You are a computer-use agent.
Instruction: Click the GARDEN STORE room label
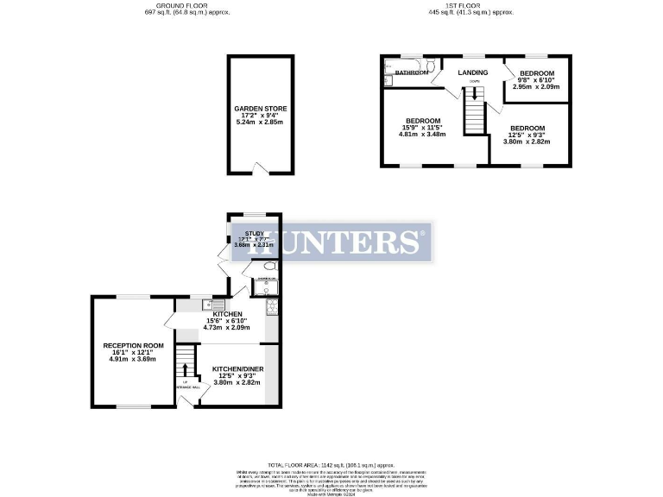click(x=261, y=109)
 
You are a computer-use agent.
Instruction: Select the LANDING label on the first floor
click(x=472, y=72)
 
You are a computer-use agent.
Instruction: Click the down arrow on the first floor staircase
click(x=472, y=89)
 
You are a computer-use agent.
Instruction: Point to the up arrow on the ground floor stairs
click(x=184, y=371)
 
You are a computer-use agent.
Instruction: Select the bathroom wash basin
click(x=388, y=81)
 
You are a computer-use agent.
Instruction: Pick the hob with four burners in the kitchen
click(x=273, y=305)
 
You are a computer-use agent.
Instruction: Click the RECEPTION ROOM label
click(x=133, y=346)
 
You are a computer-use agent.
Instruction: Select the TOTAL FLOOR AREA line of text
click(x=331, y=464)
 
